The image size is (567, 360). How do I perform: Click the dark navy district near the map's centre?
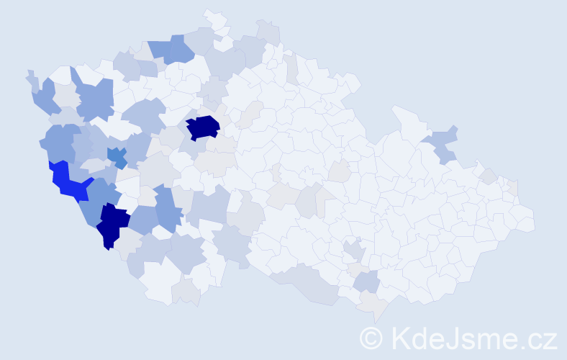[x=203, y=127]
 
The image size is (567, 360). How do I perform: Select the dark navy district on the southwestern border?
[x=113, y=223]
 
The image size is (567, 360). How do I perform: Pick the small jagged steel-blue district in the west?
[x=117, y=154]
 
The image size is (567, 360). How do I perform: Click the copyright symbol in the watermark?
[x=372, y=338]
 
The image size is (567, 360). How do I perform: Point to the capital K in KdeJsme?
[x=402, y=338]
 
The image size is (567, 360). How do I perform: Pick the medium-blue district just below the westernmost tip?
[x=45, y=98]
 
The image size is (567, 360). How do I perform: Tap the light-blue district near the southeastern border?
[x=366, y=282]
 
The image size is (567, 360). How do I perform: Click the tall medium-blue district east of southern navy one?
[x=166, y=209]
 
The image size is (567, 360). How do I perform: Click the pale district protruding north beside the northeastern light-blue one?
[x=407, y=118]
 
